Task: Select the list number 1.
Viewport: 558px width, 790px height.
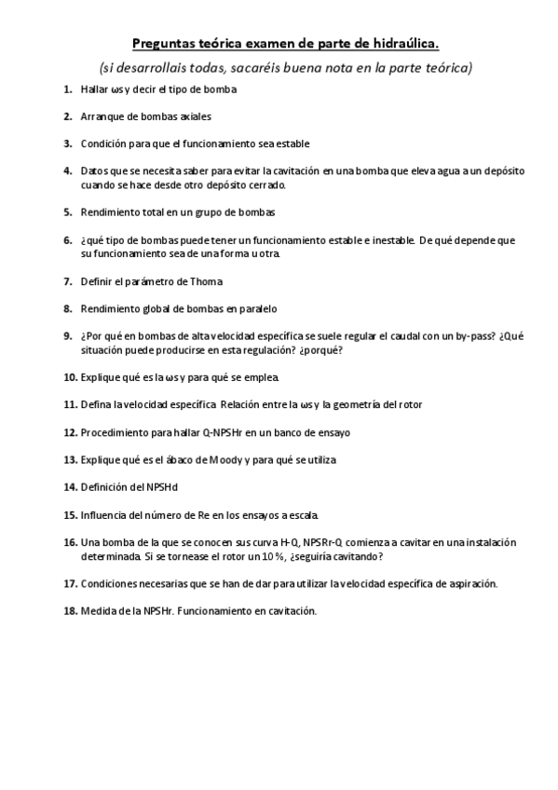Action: click(68, 89)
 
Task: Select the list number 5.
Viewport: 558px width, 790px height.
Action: click(68, 211)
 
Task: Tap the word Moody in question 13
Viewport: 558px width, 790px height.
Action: click(218, 459)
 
